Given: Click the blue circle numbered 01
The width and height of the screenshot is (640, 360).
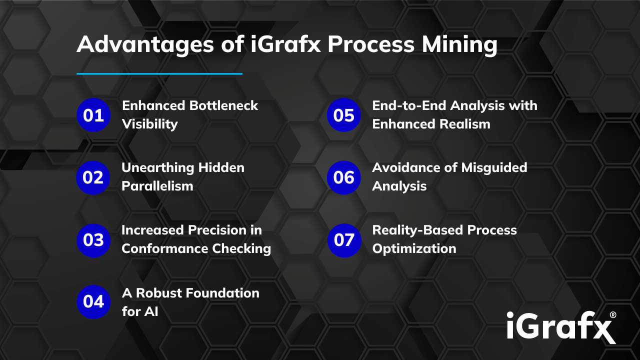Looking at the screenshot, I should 93,115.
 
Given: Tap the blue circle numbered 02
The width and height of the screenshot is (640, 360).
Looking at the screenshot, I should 93,177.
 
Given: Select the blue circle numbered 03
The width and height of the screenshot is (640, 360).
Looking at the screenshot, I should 93,240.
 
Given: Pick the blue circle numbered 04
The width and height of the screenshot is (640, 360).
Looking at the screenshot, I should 93,301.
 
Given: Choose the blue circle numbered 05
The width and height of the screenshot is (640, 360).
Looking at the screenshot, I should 343,115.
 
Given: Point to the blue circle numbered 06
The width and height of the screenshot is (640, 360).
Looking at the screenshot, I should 343,177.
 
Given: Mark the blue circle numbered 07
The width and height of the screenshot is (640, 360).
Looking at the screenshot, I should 344,240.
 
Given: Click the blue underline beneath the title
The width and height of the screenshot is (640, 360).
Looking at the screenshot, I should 159,73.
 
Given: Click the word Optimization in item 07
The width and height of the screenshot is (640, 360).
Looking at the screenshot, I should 414,248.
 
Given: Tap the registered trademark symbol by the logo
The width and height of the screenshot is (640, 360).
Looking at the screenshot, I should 612,315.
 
